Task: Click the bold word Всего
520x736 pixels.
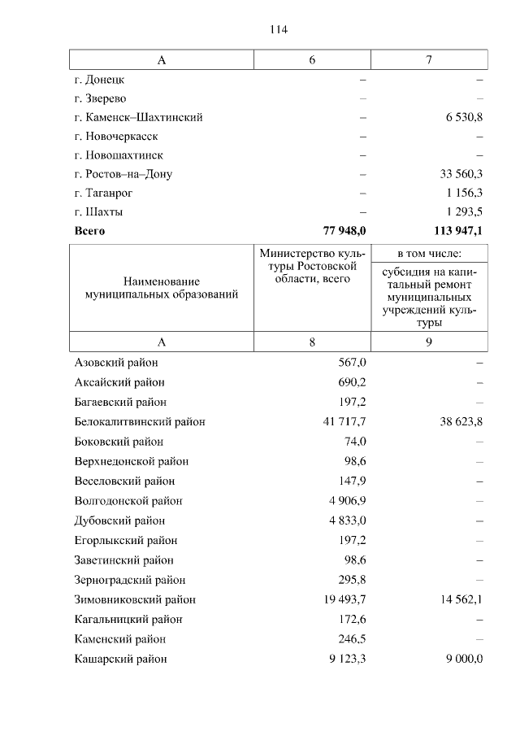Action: (x=89, y=231)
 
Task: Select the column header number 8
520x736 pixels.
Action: (x=312, y=342)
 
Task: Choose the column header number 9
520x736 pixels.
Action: (x=429, y=342)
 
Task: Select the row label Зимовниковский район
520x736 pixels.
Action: (x=135, y=600)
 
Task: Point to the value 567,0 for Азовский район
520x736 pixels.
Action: (x=352, y=363)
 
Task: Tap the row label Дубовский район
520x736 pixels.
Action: (x=119, y=521)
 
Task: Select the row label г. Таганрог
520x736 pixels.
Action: (x=103, y=193)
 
